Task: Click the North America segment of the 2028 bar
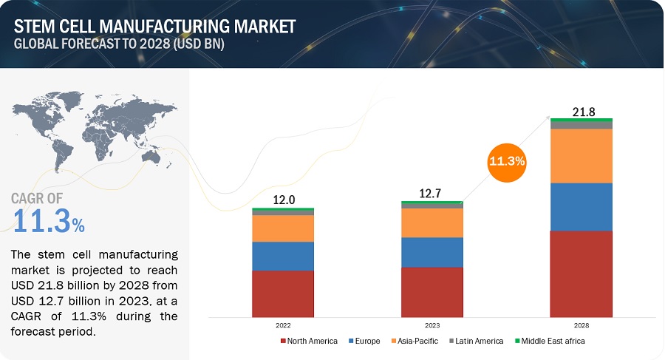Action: pyautogui.click(x=581, y=274)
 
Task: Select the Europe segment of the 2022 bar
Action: pyautogui.click(x=283, y=256)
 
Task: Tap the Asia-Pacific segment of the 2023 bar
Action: pyautogui.click(x=432, y=223)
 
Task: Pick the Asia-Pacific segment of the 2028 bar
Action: pyautogui.click(x=581, y=156)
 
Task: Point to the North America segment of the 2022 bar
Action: pyautogui.click(x=283, y=293)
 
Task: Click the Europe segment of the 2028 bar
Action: pyautogui.click(x=581, y=207)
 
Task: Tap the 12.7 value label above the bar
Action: pyautogui.click(x=432, y=194)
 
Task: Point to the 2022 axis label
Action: pyautogui.click(x=283, y=325)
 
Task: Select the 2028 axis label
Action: pyautogui.click(x=581, y=325)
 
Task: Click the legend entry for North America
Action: pyautogui.click(x=309, y=341)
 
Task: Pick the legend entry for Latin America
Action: pyautogui.click(x=476, y=341)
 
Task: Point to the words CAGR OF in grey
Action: pyautogui.click(x=37, y=198)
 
